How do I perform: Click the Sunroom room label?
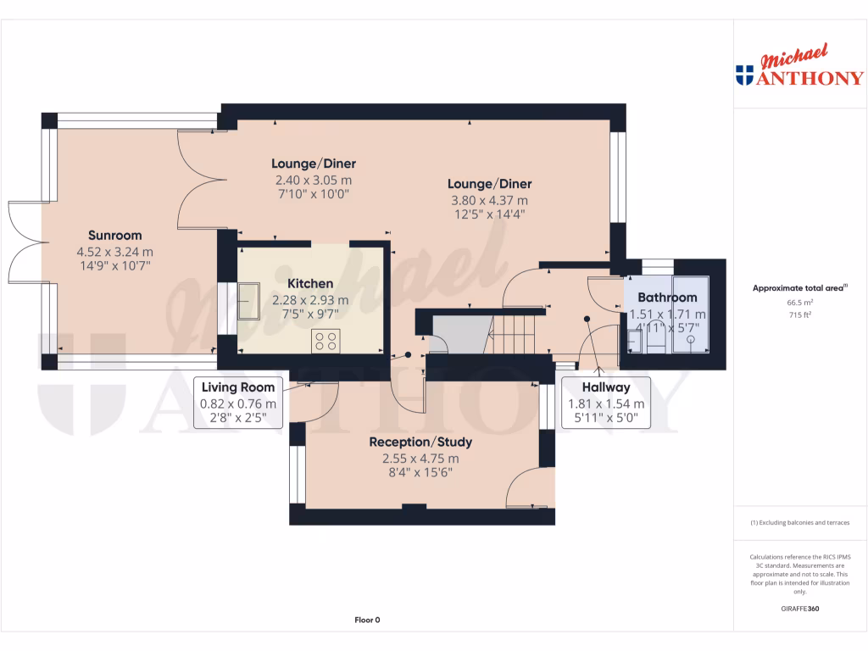116,236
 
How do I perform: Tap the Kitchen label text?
309,283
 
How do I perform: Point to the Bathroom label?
667,298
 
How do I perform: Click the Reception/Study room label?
420,442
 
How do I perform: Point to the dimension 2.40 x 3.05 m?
313,181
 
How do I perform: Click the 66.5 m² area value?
800,302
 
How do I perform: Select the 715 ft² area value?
800,314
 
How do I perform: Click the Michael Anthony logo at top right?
800,68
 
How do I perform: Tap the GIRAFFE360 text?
800,609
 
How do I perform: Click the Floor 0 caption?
367,620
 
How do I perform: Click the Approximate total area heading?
799,288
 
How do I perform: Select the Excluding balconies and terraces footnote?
800,523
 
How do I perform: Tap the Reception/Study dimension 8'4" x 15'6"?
420,473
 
